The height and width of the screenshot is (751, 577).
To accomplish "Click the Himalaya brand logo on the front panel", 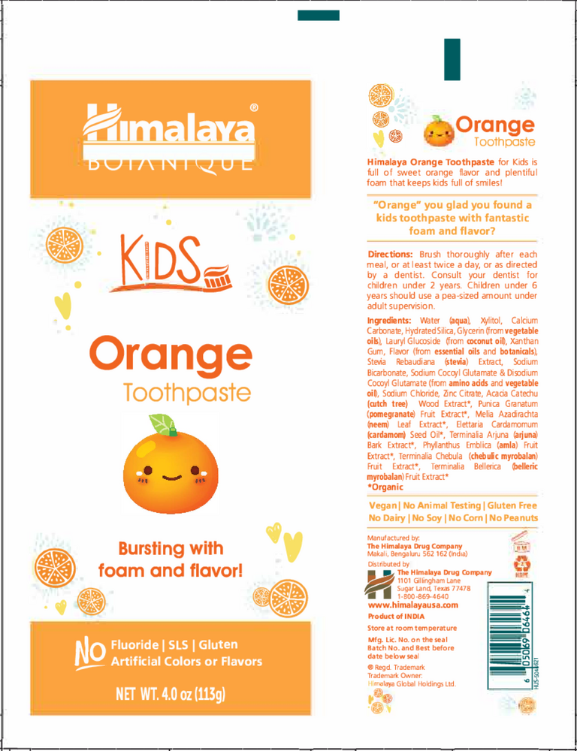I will click(x=169, y=131).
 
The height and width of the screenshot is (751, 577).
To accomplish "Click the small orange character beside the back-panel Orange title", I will click(x=437, y=132).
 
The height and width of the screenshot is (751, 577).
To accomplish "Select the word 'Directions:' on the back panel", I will click(x=392, y=255).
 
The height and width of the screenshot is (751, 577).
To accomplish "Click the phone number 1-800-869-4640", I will click(x=423, y=596).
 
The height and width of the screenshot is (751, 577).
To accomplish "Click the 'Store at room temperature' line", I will click(x=412, y=628).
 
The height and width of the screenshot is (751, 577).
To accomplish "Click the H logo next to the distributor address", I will click(x=380, y=584).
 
